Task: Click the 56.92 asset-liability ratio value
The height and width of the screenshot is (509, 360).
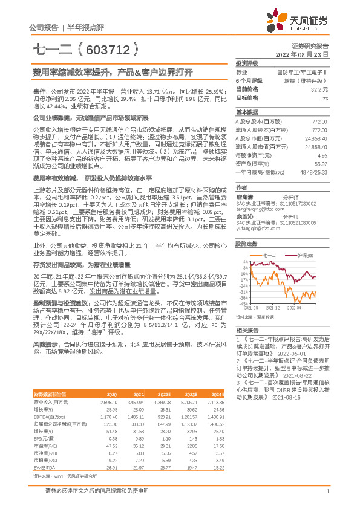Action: [x=320, y=163]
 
